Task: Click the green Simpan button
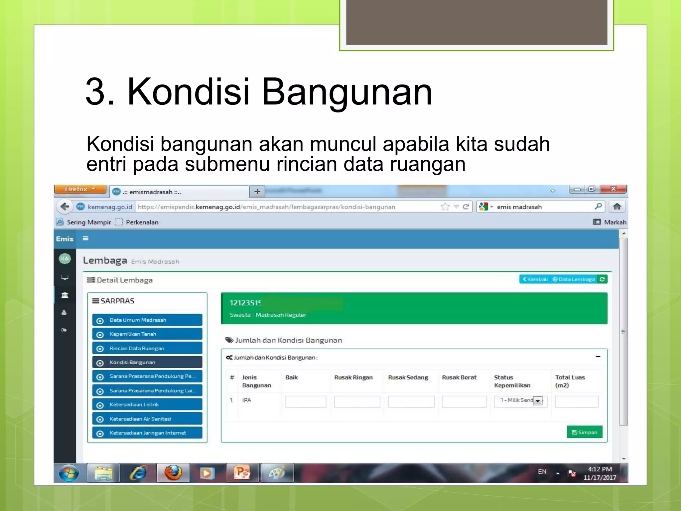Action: coord(584,432)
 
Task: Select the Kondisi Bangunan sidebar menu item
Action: coord(147,362)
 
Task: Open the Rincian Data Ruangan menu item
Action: coord(147,348)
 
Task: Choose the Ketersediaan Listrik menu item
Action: coord(147,405)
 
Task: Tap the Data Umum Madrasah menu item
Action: coord(147,320)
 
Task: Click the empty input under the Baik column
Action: coord(306,402)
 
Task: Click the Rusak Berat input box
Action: coord(464,402)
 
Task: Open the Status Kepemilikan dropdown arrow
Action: coord(538,401)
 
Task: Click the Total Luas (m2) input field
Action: coord(577,402)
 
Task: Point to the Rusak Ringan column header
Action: coord(353,378)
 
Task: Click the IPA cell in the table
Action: coord(247,400)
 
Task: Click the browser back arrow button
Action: coord(65,207)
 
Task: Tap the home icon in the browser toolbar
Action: coord(617,207)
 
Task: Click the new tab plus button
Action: coord(257,192)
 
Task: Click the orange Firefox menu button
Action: coord(80,189)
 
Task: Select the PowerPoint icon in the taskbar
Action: coord(242,473)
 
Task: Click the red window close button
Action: coord(613,189)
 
